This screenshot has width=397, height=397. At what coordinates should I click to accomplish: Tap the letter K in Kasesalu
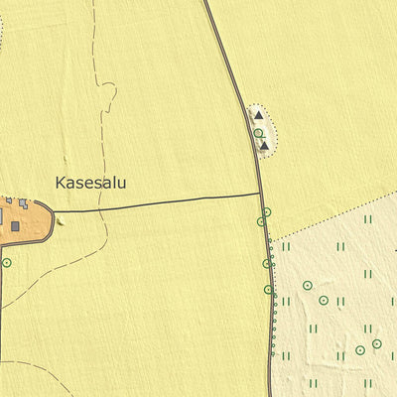pos(62,184)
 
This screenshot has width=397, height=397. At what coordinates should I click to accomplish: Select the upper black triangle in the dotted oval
pos(258,115)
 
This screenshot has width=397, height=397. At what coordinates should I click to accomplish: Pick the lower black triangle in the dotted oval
pos(264,146)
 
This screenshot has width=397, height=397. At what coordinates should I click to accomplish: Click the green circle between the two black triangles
pos(258,132)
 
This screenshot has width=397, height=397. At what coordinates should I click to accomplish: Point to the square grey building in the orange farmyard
pos(16,226)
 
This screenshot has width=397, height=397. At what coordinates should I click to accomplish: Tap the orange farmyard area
pos(34,220)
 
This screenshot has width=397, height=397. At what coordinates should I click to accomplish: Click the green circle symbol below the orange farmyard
pos(6,263)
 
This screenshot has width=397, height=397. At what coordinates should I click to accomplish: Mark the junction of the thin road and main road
pos(262,195)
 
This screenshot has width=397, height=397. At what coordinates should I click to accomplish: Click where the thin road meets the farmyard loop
pos(53,211)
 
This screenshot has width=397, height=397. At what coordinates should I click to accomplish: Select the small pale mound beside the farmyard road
pos(61,219)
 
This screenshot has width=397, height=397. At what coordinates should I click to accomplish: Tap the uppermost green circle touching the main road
pos(266,211)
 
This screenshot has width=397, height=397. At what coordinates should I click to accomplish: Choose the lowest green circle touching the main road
pos(269,290)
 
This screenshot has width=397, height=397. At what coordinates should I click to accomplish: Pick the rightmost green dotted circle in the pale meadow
pos(377,344)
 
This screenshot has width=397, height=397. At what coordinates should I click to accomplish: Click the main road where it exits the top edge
pos(206,2)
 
